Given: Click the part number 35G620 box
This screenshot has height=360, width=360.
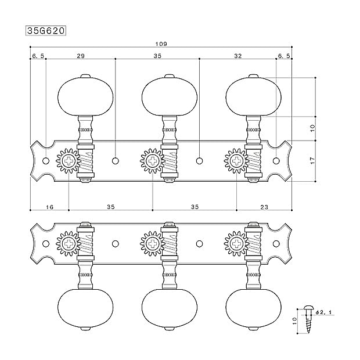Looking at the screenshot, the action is pos(46,31).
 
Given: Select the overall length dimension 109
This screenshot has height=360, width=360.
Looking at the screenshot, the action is pos(161,44).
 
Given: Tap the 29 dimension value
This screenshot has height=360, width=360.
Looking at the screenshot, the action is pos(81,56).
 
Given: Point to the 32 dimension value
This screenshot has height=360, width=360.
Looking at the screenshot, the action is pos(238,56).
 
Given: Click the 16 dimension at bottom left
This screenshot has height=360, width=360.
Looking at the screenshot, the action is pos(49,207).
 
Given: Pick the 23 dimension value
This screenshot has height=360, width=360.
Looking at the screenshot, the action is pos(264,207).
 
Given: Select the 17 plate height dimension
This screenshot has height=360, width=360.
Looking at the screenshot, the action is pos(313,160).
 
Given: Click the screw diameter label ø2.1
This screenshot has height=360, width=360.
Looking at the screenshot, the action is pos(324,312).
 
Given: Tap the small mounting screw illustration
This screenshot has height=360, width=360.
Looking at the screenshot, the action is pos(307,319).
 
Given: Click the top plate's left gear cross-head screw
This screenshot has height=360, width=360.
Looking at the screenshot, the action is pos(69,161).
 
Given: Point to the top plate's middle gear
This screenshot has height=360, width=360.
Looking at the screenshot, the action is pos(153,161).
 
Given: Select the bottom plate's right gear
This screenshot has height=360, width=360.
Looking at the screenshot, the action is pos(236,244).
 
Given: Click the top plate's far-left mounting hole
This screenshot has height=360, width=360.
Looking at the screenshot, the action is pos(46,161).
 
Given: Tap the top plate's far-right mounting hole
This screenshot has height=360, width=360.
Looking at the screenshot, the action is pos(276,161).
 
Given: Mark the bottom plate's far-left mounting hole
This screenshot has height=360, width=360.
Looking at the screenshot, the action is pos(46,244).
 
